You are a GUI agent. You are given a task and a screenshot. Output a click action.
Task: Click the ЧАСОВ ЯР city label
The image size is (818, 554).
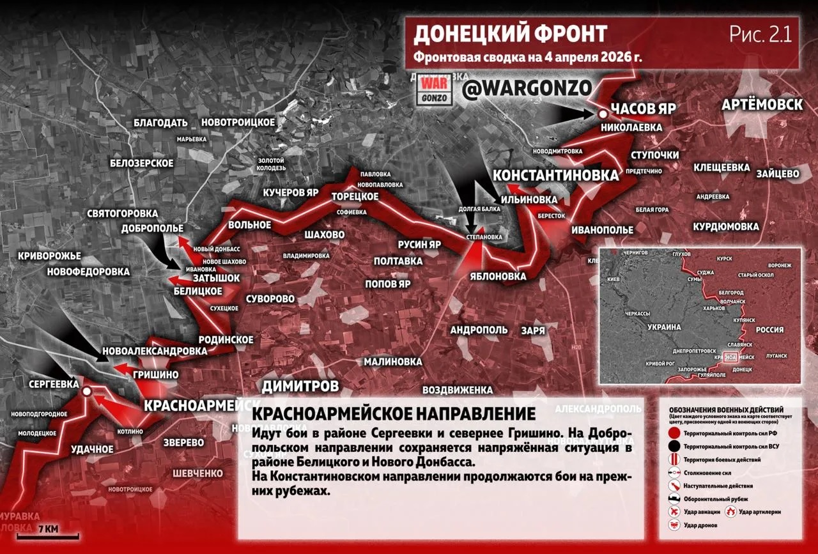tap(644, 107)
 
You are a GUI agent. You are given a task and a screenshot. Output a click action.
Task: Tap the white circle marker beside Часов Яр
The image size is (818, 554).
tap(602, 114)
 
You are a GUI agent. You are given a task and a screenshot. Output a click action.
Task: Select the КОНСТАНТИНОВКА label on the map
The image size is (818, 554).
tap(556, 174)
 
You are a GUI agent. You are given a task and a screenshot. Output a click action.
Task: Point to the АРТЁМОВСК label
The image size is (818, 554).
tap(762, 105)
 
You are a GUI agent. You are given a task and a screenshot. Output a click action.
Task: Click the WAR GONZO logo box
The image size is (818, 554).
tap(433, 91)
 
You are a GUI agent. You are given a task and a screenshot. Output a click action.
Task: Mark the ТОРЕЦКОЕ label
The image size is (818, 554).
tap(355, 196)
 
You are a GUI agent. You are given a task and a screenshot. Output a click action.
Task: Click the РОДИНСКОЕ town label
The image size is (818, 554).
tap(226, 339)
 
